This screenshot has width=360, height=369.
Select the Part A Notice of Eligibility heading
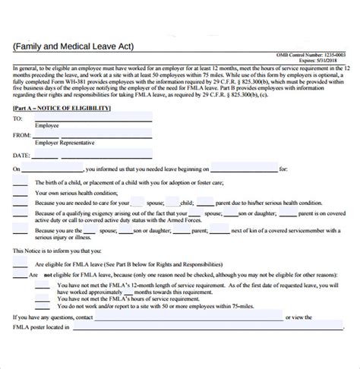62,109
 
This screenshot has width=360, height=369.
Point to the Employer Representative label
65,142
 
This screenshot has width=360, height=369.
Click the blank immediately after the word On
53,170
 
